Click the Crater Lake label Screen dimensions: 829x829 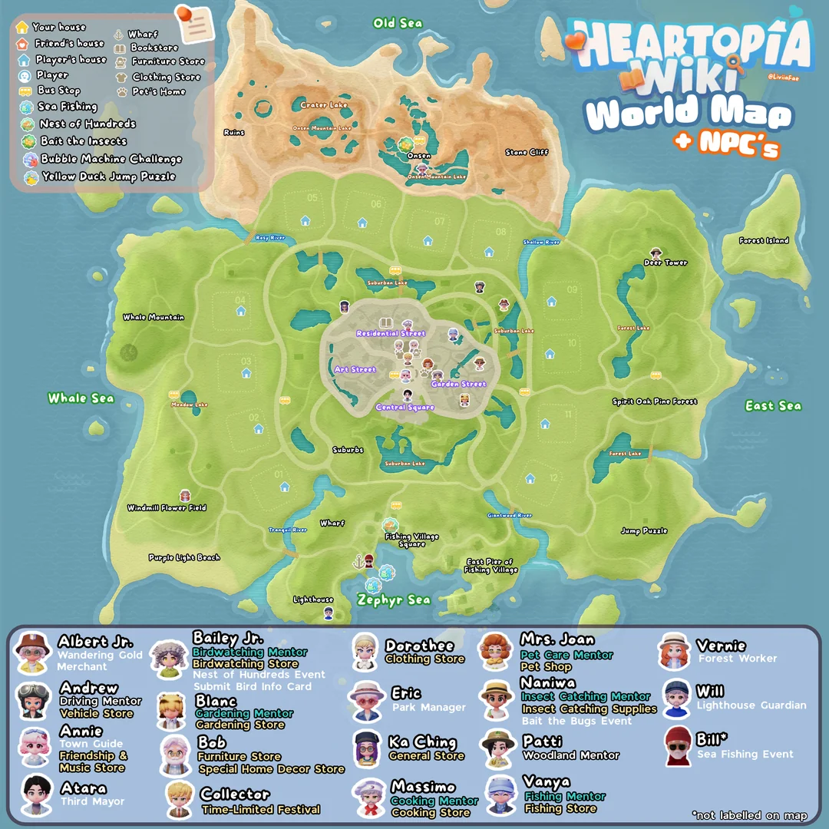click(324, 105)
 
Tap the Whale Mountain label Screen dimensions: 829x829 click(154, 317)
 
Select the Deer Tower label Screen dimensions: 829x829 click(666, 263)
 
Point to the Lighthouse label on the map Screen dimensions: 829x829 click(313, 599)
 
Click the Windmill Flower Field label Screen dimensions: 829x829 click(167, 508)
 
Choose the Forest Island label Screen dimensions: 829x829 click(764, 241)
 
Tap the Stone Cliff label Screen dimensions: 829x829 click(527, 153)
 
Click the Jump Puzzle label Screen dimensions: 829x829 click(643, 531)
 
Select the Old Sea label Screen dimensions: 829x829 click(398, 24)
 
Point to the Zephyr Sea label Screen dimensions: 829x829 click(394, 600)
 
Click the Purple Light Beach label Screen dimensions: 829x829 click(184, 558)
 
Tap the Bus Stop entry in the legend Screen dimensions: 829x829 click(59, 91)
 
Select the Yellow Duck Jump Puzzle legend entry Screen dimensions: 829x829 click(108, 177)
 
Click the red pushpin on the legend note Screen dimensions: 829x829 click(184, 14)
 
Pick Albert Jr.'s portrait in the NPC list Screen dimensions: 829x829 click(32, 652)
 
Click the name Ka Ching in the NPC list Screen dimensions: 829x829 click(422, 742)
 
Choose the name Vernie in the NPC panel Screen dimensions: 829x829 click(721, 646)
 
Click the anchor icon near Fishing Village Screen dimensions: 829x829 click(357, 563)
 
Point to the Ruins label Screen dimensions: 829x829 click(233, 133)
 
